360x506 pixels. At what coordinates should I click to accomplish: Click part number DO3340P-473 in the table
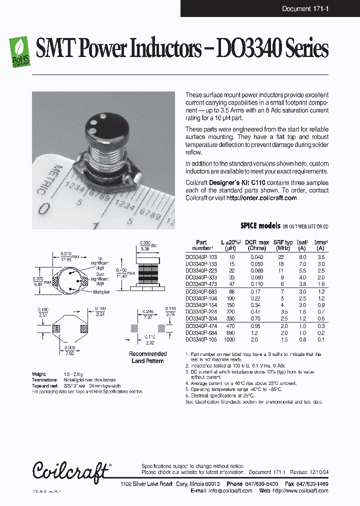pyautogui.click(x=201, y=283)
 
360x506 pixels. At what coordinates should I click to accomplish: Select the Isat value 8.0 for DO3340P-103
pyautogui.click(x=302, y=256)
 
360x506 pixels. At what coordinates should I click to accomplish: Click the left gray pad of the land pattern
pyautogui.click(x=134, y=328)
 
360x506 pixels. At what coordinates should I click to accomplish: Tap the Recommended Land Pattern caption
pyautogui.click(x=147, y=357)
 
